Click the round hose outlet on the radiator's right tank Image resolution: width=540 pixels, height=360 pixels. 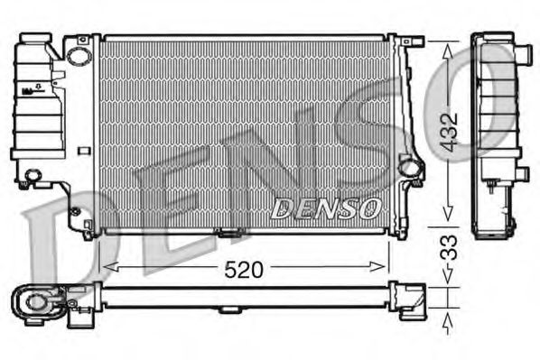pyautogui.click(x=409, y=167)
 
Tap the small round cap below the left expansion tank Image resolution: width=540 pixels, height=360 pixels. pyautogui.click(x=34, y=176)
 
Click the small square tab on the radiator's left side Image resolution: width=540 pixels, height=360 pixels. pyautogui.click(x=82, y=151)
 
